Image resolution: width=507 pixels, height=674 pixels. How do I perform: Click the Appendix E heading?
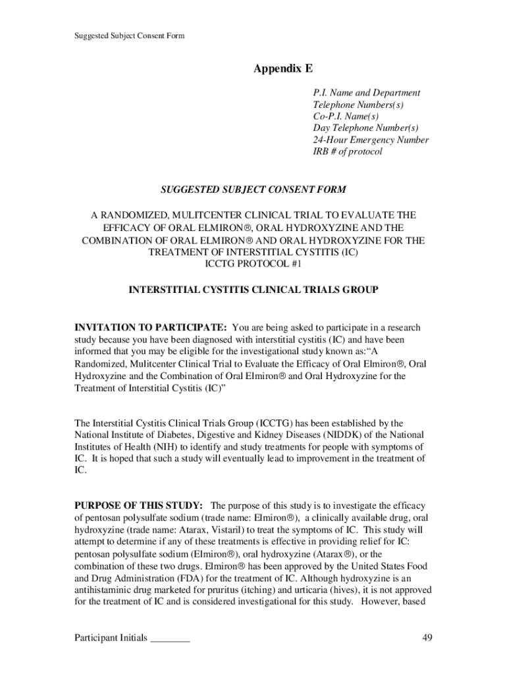[x=284, y=68]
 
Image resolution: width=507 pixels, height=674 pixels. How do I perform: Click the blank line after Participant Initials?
[x=170, y=640]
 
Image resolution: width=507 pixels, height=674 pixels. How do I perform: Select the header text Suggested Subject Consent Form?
[x=129, y=36]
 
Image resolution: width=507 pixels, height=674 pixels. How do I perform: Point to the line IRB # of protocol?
[x=347, y=152]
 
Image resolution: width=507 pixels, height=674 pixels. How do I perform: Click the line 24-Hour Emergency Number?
[x=371, y=140]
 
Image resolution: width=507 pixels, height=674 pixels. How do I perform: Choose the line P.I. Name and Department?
[x=366, y=93]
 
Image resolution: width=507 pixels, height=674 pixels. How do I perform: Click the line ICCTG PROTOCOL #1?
[x=254, y=265]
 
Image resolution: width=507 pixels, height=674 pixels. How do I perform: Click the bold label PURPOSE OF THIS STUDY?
[x=138, y=505]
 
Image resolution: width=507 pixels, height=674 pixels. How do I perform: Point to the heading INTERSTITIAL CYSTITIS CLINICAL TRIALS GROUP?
[x=254, y=290]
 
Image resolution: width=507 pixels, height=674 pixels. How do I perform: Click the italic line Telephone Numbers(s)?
[x=358, y=105]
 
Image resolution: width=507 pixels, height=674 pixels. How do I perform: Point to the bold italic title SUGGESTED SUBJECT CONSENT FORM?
[x=254, y=190]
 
